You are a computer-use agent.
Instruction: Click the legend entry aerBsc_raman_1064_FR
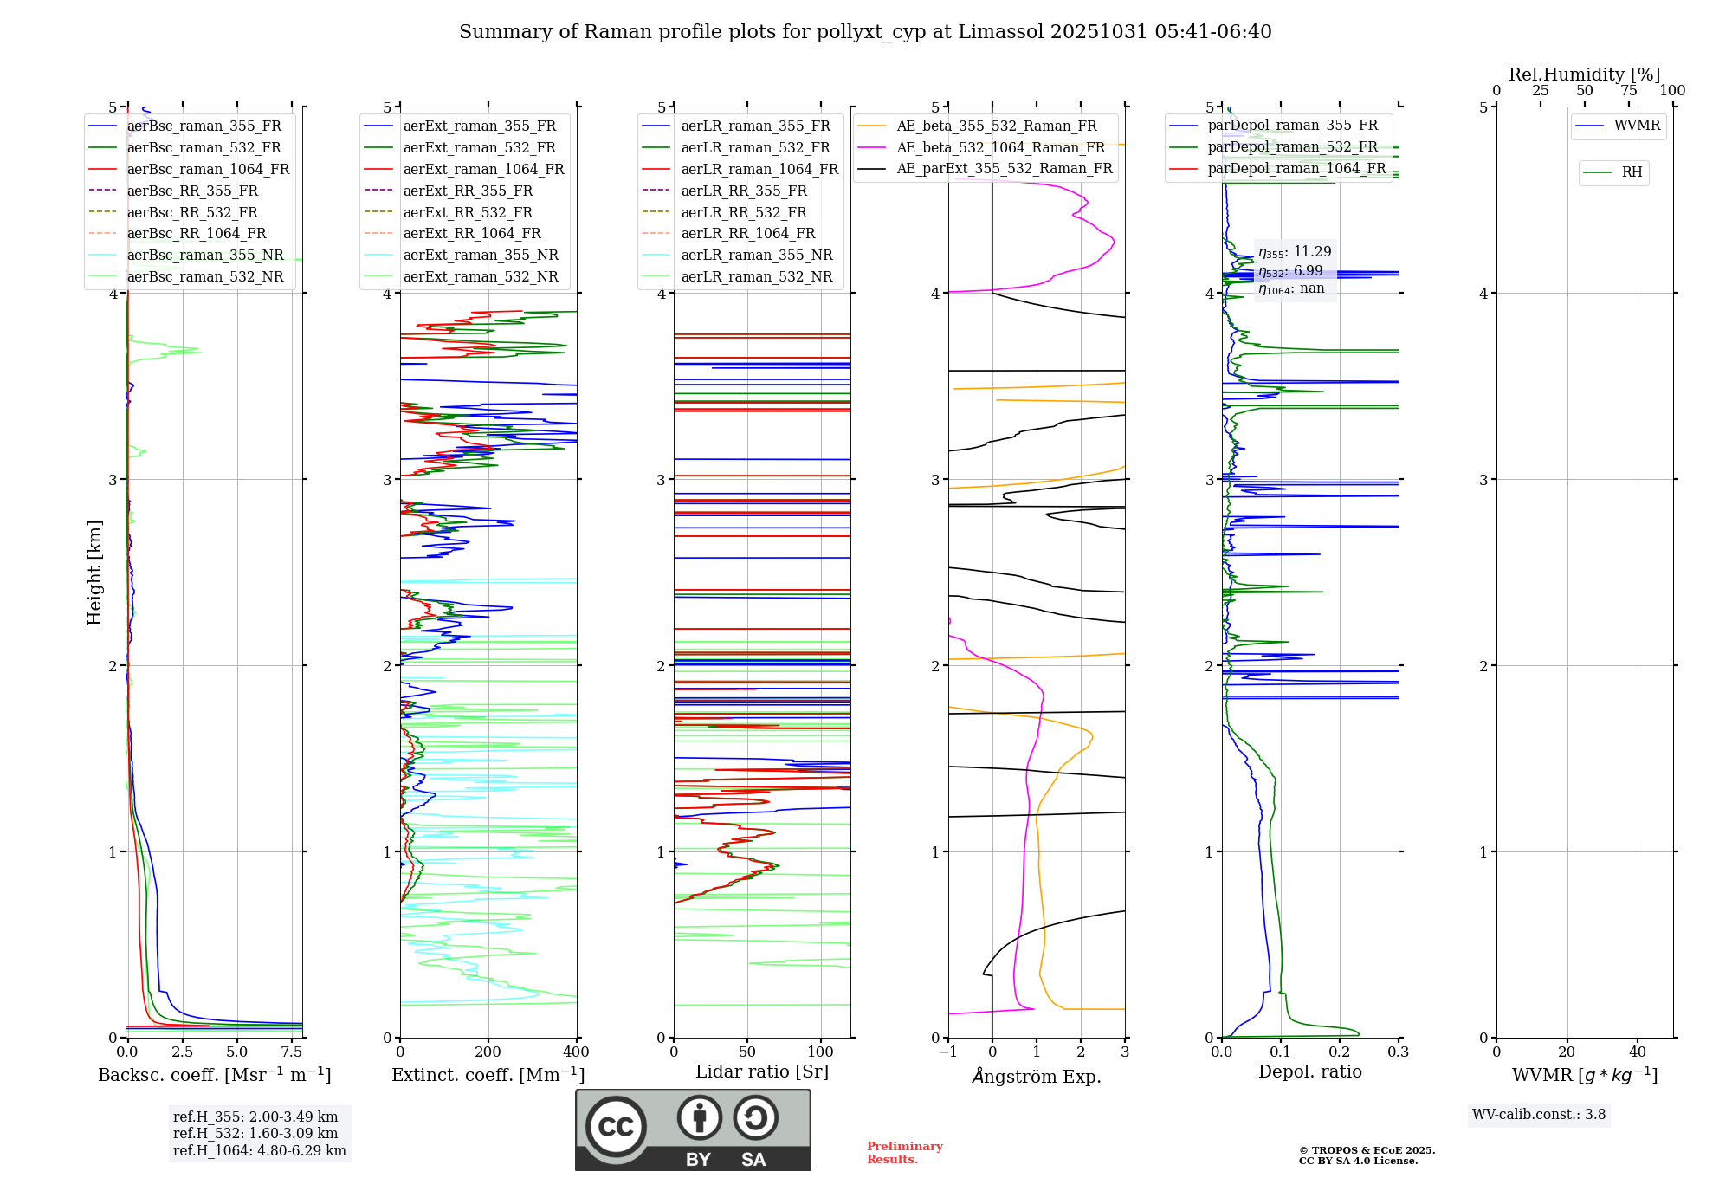208,169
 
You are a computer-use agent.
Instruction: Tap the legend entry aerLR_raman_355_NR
756,255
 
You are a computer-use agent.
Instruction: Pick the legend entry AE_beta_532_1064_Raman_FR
1000,147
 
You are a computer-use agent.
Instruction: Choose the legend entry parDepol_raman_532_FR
1292,146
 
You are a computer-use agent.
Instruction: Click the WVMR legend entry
1637,126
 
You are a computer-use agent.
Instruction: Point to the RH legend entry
1632,172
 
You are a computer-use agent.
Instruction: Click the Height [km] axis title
94,572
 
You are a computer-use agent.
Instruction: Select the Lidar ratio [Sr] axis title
761,1071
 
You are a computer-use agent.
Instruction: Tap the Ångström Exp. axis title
1036,1076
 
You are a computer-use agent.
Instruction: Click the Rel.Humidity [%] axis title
1584,74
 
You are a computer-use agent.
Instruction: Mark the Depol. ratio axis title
1309,1071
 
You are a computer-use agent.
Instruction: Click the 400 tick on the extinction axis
576,1052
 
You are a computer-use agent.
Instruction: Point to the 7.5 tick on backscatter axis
292,1052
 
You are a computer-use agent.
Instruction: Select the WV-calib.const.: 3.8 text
1538,1114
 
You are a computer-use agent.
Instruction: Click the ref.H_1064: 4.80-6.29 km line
259,1150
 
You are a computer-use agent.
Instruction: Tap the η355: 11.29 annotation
1295,251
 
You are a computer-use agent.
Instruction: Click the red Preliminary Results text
904,1152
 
